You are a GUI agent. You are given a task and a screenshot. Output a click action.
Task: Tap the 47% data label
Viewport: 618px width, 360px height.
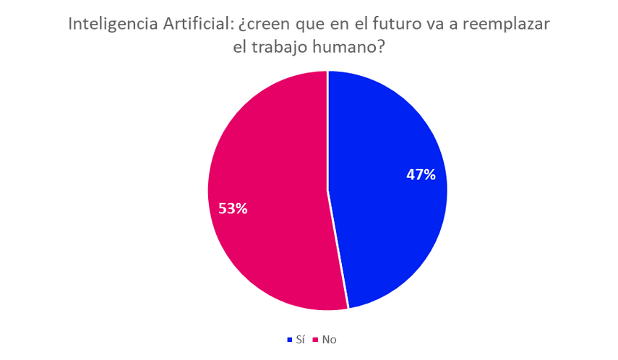[x=420, y=174]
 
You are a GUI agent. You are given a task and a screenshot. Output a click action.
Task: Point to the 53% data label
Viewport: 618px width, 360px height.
[x=233, y=208]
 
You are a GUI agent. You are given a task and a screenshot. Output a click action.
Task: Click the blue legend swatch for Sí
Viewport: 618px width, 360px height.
[x=288, y=338]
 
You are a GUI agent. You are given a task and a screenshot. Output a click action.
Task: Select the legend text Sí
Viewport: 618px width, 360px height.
[x=299, y=338]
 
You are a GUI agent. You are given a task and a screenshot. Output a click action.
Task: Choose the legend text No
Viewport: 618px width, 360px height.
[x=329, y=338]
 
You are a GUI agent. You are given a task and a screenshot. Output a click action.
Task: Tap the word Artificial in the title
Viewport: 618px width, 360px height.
[x=194, y=24]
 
